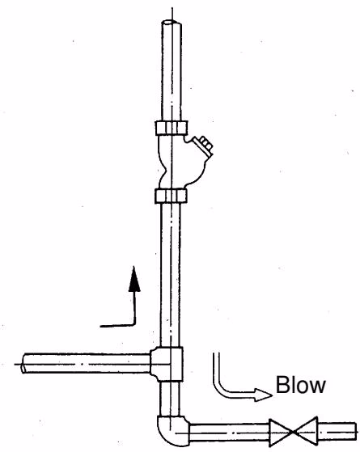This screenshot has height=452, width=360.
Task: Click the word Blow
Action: [x=301, y=385]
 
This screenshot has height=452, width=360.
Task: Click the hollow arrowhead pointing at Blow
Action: [x=262, y=395]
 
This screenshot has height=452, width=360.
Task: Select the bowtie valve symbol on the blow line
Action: [x=294, y=432]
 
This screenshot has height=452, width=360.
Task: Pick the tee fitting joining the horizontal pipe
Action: [x=167, y=364]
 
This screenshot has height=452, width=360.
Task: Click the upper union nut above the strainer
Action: [x=172, y=128]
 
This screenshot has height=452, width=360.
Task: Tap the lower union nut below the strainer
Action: [x=171, y=196]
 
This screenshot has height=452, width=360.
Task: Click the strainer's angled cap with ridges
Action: [x=203, y=146]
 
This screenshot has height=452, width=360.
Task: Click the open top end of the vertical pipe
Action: [x=172, y=23]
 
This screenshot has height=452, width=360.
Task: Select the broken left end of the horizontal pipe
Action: [x=23, y=363]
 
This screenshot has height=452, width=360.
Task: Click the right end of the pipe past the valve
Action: [x=354, y=431]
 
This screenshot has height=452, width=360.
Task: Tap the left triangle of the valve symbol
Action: [x=281, y=432]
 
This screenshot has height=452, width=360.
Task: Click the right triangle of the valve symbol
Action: [x=306, y=431]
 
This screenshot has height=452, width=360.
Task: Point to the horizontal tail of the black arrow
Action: [x=117, y=326]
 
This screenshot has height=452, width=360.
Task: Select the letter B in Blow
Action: [x=282, y=385]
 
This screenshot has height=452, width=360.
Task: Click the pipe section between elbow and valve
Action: [x=229, y=433]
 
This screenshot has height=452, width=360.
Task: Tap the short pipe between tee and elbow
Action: [x=170, y=399]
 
